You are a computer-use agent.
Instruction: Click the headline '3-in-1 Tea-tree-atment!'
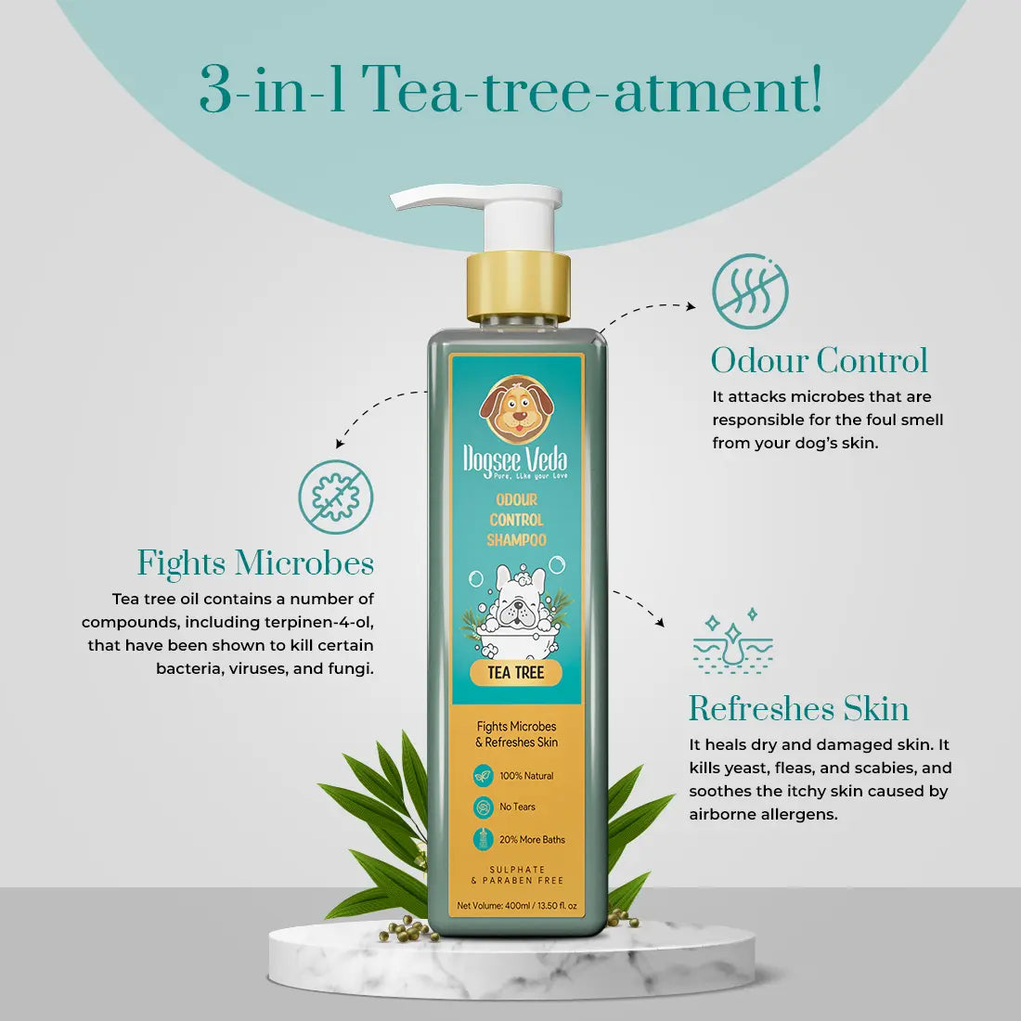(x=510, y=90)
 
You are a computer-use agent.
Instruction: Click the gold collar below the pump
(x=518, y=287)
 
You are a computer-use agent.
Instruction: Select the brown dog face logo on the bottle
(x=516, y=407)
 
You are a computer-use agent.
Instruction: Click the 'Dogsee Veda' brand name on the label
(x=515, y=460)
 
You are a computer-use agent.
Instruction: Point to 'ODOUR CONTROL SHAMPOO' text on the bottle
(x=516, y=520)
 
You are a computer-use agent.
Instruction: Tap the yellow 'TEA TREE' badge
(x=516, y=673)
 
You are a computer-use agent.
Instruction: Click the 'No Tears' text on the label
(x=517, y=807)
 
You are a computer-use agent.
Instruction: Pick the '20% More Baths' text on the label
(x=532, y=839)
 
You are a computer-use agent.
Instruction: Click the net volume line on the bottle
(x=517, y=905)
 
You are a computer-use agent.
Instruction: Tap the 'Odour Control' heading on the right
(x=820, y=360)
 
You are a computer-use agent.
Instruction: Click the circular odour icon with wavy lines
(x=750, y=291)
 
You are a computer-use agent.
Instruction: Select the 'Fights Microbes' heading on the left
(x=255, y=562)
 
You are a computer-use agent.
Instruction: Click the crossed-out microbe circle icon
(x=336, y=497)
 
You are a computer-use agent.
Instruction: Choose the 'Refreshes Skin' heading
(x=799, y=708)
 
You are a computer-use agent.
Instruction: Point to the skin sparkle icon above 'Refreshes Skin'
(x=732, y=640)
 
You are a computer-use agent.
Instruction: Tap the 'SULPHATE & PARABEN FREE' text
(x=517, y=874)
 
